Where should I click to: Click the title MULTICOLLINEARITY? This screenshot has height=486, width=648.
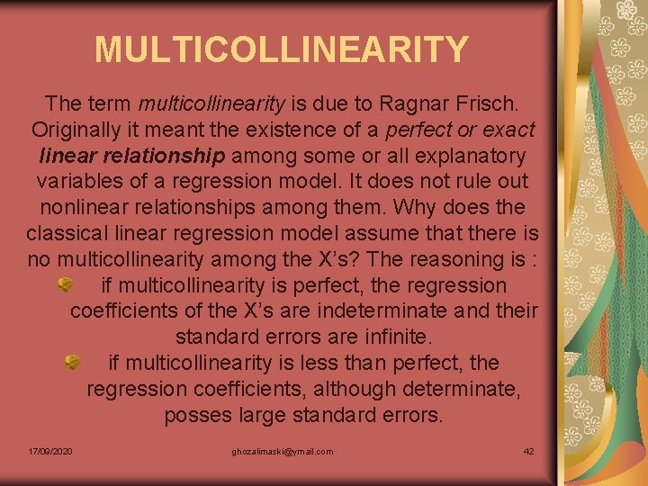point(282,49)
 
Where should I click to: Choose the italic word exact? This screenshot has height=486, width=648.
point(507,130)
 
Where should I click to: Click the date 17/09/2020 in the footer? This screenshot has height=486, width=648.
point(50,451)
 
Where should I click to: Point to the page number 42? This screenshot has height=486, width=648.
point(528,451)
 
